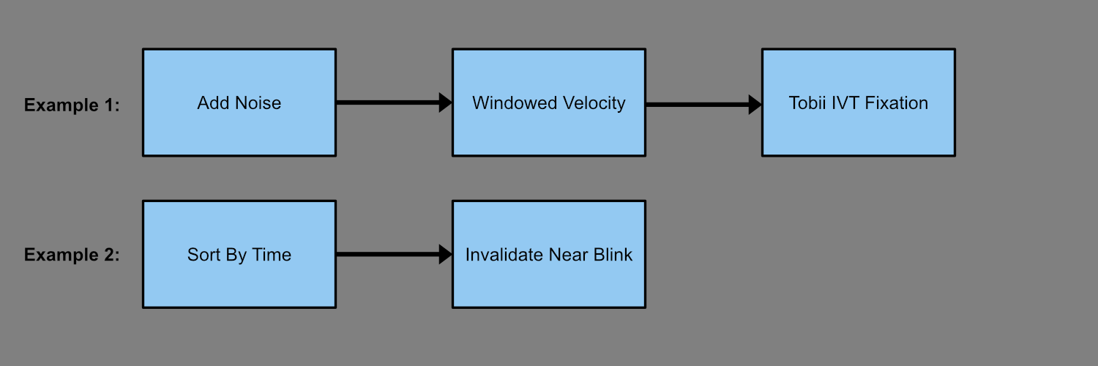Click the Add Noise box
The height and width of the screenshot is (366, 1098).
[239, 102]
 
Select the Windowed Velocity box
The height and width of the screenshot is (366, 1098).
[549, 102]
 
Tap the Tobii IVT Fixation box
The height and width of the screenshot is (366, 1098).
[859, 102]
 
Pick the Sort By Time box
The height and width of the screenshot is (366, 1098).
[239, 254]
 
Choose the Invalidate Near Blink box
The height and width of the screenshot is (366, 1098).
[549, 254]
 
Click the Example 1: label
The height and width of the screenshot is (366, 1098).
[72, 105]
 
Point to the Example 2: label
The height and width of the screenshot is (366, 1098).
[72, 255]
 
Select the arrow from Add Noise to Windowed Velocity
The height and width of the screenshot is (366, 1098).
[394, 102]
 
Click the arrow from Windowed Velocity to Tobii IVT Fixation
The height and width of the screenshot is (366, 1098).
[704, 105]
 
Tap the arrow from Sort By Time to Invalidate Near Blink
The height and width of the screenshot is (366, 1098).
[394, 254]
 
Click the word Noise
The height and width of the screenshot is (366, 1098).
[259, 103]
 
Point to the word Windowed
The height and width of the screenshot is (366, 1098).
[515, 103]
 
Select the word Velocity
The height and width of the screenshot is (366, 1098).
[594, 104]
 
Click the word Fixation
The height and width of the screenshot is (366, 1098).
[897, 103]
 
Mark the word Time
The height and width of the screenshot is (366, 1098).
[272, 255]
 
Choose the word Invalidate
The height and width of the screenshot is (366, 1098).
[504, 255]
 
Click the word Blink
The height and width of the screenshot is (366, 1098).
[613, 255]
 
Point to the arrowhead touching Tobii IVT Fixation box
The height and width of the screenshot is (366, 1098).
[755, 105]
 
